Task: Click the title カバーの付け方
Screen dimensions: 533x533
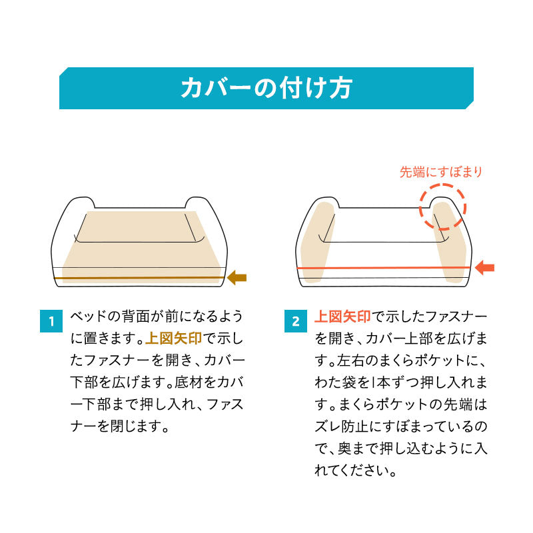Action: click(x=266, y=89)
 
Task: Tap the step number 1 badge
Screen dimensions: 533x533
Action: click(x=51, y=322)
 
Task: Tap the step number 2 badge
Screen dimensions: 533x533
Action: click(x=295, y=322)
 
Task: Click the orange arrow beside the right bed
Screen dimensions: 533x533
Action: click(x=484, y=268)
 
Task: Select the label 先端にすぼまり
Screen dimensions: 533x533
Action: click(x=440, y=172)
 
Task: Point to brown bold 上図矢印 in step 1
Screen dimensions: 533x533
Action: click(x=173, y=338)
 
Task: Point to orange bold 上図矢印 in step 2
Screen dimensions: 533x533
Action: click(x=342, y=316)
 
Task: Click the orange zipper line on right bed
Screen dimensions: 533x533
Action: click(x=383, y=268)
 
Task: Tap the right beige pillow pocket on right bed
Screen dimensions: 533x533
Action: click(x=452, y=243)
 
